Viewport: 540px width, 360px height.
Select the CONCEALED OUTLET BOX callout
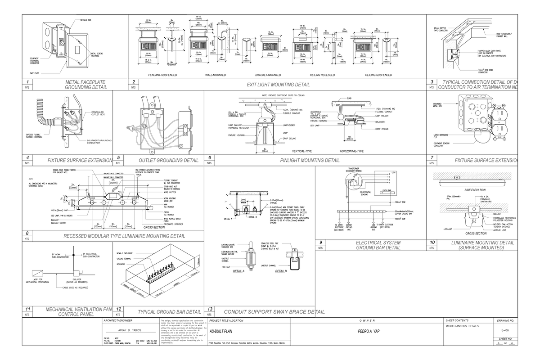point(99,113)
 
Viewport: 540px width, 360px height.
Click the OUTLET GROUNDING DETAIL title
point(169,160)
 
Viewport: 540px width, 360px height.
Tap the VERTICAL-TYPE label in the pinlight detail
point(302,151)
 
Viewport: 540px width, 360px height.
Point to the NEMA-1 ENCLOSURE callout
point(124,254)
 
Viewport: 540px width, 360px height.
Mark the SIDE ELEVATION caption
point(474,190)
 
